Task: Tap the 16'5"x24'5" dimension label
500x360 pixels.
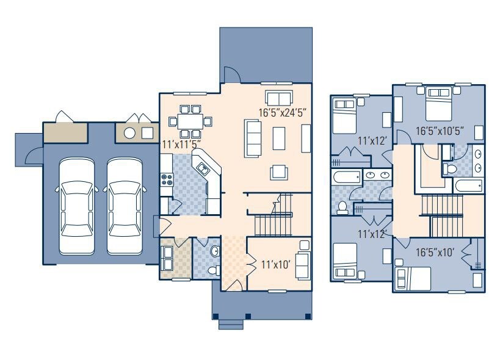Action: (282, 112)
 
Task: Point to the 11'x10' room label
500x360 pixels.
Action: (275, 264)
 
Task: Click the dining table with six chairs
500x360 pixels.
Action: (191, 121)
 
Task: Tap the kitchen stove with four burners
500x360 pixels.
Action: (167, 179)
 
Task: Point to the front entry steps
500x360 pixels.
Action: (231, 324)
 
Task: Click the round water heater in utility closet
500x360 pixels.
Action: (129, 133)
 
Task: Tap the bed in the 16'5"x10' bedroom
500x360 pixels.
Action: (412, 278)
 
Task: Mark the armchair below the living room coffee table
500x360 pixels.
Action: (278, 172)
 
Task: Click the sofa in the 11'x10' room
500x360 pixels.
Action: (302, 262)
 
